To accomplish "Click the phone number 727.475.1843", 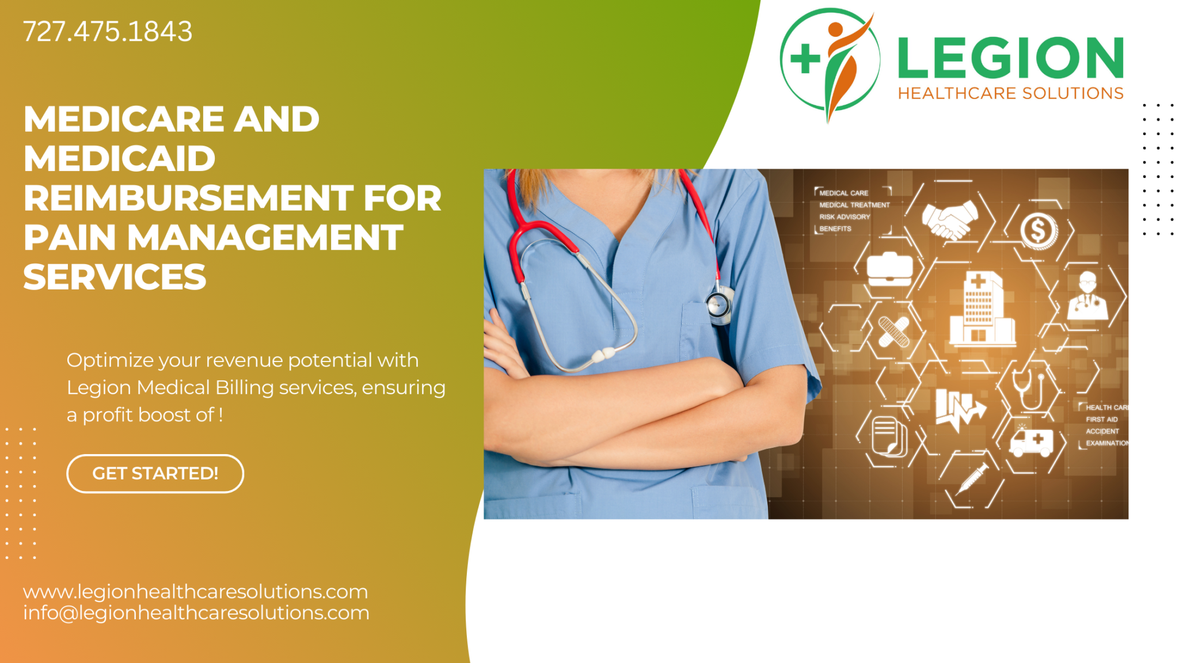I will point(108,32).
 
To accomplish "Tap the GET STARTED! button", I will point(155,474).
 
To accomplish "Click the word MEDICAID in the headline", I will point(120,159).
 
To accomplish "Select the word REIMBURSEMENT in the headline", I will point(188,199).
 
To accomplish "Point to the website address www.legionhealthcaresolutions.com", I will point(195,592).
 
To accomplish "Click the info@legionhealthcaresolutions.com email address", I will point(196,613).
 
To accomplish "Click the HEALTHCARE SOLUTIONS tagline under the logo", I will point(1010,94).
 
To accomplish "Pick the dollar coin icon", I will point(1039,231).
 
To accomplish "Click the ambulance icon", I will point(1031,443).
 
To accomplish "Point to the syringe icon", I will point(972,478).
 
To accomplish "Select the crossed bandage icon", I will point(893,332).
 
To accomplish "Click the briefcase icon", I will point(889,269).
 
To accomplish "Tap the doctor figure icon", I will point(1087,296).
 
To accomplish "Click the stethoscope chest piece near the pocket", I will point(719,304).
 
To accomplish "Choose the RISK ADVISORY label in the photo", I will point(845,217).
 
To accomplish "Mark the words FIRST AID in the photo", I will point(1101,420).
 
